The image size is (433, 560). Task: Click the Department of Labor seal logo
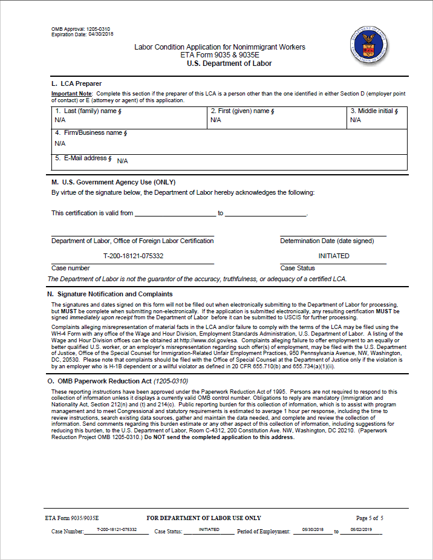(x=369, y=45)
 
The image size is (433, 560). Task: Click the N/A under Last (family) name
(x=60, y=120)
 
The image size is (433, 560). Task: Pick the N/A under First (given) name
(x=215, y=120)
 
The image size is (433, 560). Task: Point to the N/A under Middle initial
(x=355, y=120)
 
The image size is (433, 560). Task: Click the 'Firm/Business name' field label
(x=89, y=132)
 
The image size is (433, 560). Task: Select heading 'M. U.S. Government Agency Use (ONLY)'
(x=113, y=182)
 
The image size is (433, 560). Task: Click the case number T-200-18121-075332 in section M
(x=133, y=256)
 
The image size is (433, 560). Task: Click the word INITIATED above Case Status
(x=334, y=256)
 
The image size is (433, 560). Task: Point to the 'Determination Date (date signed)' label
(x=327, y=241)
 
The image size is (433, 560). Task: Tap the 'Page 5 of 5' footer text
(x=370, y=518)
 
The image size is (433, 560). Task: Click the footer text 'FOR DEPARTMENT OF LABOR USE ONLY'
(x=204, y=518)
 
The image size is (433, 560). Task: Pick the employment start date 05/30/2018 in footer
(x=313, y=530)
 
